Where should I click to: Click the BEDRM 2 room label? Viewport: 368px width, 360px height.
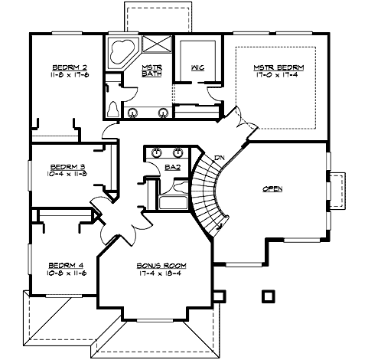click(67, 66)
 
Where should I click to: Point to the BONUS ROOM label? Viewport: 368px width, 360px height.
click(161, 265)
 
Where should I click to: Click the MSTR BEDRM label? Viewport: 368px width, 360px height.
click(278, 67)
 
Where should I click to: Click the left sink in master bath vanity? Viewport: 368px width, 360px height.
click(133, 113)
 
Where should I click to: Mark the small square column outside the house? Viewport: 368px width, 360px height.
click(268, 295)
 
